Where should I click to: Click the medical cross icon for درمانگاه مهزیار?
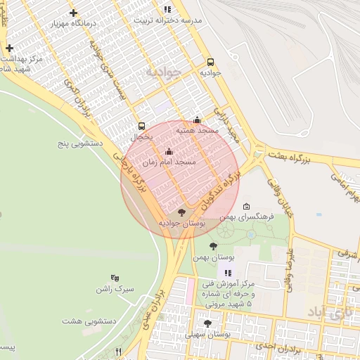point(74,13)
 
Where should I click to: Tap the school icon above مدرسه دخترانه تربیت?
point(167,9)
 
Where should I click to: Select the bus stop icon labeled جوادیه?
point(210,61)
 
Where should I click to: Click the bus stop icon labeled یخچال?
point(142,126)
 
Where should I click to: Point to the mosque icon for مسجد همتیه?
point(197,120)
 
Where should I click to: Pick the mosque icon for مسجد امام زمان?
point(169,151)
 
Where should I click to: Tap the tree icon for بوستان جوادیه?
point(181,212)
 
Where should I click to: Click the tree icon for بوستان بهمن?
point(214,246)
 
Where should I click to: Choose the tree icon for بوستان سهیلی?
point(207,323)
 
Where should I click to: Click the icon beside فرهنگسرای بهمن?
point(245,206)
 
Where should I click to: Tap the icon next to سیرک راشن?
point(115,278)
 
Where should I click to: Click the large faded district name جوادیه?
point(163,72)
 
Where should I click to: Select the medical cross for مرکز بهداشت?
point(9,48)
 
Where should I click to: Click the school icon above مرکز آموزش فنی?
point(227,273)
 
